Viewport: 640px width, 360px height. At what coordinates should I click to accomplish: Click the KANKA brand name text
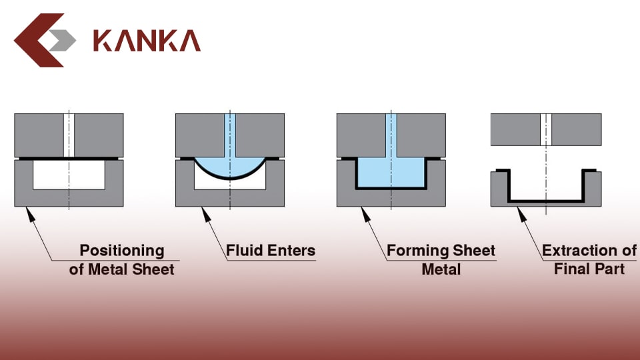click(147, 40)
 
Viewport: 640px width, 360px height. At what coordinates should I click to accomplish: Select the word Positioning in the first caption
click(121, 251)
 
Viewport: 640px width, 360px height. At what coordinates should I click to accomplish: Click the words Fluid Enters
click(270, 251)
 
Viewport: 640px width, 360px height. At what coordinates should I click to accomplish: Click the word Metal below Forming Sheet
click(441, 269)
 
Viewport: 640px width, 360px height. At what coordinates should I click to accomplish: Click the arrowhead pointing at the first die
click(29, 212)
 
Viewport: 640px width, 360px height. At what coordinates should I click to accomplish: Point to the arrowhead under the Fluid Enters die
click(207, 213)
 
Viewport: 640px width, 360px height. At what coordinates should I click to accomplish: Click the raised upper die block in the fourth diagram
click(573, 129)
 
